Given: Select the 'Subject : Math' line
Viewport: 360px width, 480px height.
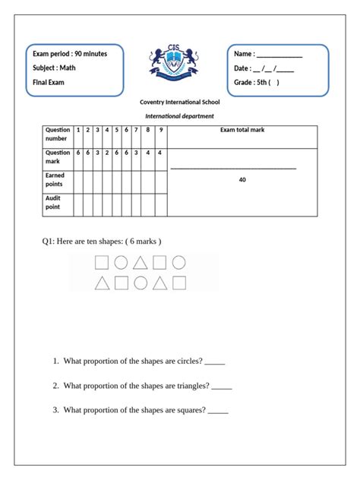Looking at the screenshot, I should click(55, 68).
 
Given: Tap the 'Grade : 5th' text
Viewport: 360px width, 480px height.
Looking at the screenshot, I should click(256, 83).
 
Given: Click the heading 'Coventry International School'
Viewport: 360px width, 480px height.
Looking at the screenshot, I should click(179, 103).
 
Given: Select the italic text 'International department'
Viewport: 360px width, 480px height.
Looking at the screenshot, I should click(179, 116).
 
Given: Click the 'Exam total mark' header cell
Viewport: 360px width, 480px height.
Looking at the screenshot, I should click(242, 131).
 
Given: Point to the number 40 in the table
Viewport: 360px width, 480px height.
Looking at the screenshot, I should click(242, 180).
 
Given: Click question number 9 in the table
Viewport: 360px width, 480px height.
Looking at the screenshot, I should click(159, 130).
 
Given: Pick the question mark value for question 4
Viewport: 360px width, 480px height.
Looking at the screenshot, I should click(107, 152).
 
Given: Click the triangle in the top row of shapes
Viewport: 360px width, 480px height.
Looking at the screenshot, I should click(141, 264).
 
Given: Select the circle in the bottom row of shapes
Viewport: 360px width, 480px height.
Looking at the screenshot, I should click(141, 284).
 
